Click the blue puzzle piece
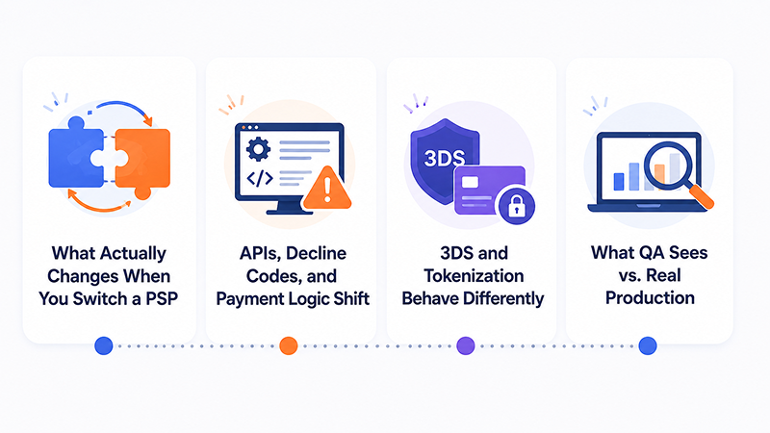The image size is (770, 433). coord(74,155)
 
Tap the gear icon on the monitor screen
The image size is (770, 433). coord(258,149)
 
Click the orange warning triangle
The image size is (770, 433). coord(327,189)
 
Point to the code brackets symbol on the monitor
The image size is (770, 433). coord(259,178)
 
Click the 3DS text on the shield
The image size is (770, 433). coord(445,159)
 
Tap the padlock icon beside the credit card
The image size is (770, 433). coord(516,206)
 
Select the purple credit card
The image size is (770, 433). coord(490,191)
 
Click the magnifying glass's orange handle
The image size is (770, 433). coord(701,195)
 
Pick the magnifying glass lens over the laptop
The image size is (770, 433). coord(667,166)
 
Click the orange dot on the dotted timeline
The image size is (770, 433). coord(289,345)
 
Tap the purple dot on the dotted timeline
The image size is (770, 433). coord(466,345)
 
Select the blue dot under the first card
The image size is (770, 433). coord(104,345)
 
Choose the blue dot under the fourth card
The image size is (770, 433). coord(648,345)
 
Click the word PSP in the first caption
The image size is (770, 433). coord(162,298)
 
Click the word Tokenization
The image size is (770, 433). coord(474,276)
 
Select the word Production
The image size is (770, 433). coord(650,297)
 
